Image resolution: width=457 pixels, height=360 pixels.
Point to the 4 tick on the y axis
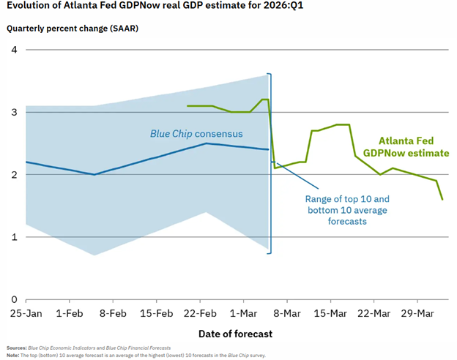pos(12,50)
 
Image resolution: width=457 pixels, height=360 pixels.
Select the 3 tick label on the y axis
pos(12,112)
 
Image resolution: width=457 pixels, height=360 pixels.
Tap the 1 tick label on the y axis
pos(12,237)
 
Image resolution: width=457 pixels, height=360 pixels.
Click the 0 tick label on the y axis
pos(12,299)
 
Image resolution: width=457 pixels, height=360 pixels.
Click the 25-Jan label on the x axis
pos(24,314)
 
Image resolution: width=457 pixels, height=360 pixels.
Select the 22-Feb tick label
pos(200,314)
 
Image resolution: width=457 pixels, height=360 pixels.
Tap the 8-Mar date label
pos(287,314)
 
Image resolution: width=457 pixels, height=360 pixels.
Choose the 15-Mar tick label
pos(330,314)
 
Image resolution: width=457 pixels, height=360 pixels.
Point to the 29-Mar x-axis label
pos(417,314)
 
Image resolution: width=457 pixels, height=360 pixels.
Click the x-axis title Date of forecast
pos(235,334)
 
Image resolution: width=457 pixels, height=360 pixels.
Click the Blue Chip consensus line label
pos(196,134)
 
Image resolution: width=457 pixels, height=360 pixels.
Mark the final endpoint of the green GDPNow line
pos(442,199)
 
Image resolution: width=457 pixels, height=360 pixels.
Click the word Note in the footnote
pos(12,355)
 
